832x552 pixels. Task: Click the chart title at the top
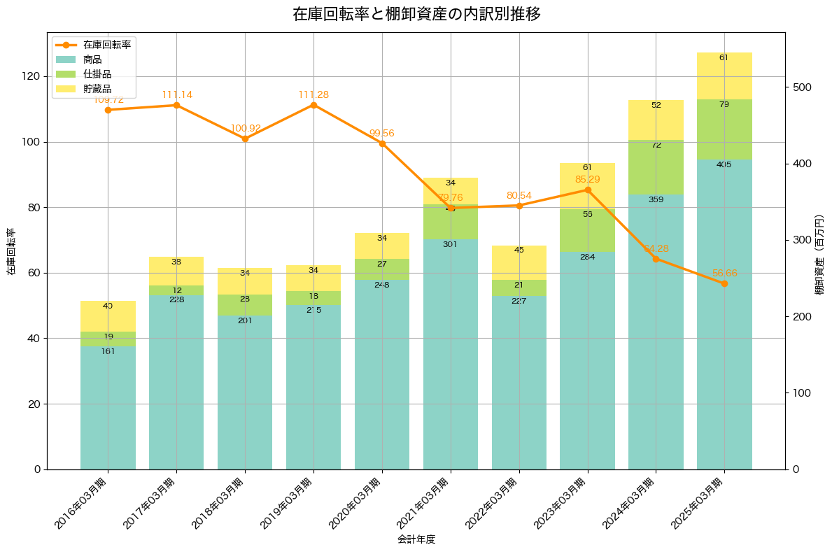(x=416, y=14)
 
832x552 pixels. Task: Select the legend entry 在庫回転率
(x=106, y=44)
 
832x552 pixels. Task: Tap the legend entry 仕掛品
(x=97, y=74)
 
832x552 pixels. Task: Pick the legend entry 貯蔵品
(x=97, y=89)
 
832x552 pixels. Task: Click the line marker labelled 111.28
(x=313, y=105)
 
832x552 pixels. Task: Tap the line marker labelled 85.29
(x=588, y=190)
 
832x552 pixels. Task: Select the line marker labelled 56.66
(x=724, y=283)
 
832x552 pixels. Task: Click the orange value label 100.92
(x=245, y=129)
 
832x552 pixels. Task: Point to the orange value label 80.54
(x=519, y=195)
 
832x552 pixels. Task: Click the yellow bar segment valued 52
(x=656, y=120)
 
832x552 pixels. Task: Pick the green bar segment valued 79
(x=724, y=129)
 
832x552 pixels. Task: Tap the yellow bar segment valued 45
(x=519, y=262)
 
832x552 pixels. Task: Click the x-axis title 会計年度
(x=416, y=539)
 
